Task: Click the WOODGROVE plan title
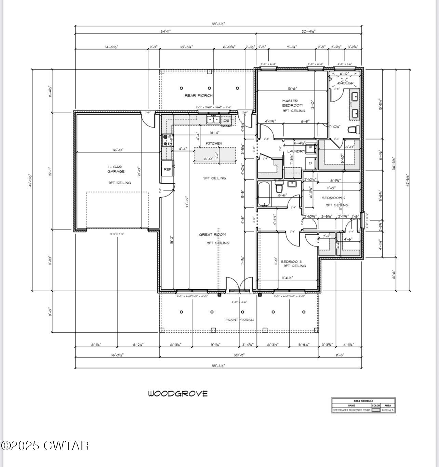[x=177, y=393]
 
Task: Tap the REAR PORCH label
[x=198, y=95]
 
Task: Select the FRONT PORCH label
[x=239, y=320]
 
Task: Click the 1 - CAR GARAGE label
[x=116, y=169]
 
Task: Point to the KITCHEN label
[x=214, y=143]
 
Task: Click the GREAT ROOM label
[x=212, y=235]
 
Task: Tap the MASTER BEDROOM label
[x=292, y=103]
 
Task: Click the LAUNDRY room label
[x=296, y=151]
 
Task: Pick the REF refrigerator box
[x=167, y=169]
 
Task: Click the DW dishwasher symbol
[x=226, y=120]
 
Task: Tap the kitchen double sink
[x=213, y=119]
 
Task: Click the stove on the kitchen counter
[x=168, y=140]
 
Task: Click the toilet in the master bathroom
[x=352, y=130]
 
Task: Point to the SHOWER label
[x=345, y=83]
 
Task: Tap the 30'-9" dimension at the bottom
[x=239, y=355]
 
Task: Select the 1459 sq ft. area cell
[x=388, y=410]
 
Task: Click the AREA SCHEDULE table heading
[x=363, y=401]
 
